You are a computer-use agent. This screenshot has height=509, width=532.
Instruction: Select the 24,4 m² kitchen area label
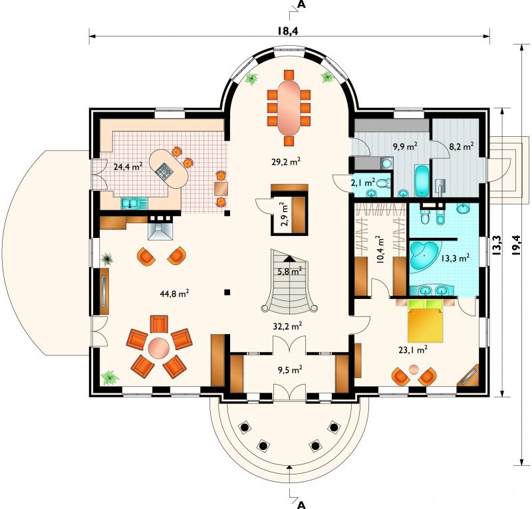(x=128, y=167)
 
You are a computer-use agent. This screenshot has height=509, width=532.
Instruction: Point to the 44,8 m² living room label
(x=174, y=294)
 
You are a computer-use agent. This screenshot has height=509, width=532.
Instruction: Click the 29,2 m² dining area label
(x=286, y=161)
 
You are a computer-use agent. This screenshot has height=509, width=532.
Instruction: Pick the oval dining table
(x=289, y=107)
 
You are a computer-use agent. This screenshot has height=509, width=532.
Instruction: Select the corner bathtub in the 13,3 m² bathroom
(x=424, y=256)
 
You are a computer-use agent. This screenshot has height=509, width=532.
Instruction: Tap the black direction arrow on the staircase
(x=289, y=258)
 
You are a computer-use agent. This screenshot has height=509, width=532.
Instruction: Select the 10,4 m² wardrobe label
(x=380, y=250)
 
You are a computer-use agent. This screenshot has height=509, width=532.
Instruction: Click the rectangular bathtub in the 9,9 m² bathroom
(x=422, y=181)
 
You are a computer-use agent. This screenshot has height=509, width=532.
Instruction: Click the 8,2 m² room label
(x=461, y=146)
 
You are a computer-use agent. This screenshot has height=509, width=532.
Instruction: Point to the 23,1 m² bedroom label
(x=412, y=350)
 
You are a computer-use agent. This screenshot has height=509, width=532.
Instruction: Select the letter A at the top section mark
(x=301, y=5)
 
